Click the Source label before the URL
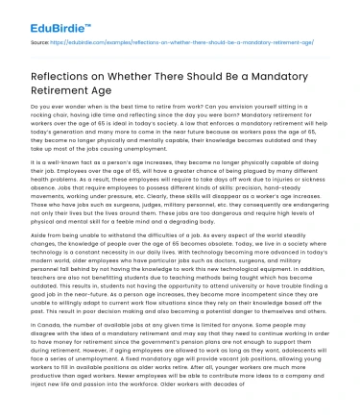click(x=38, y=42)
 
